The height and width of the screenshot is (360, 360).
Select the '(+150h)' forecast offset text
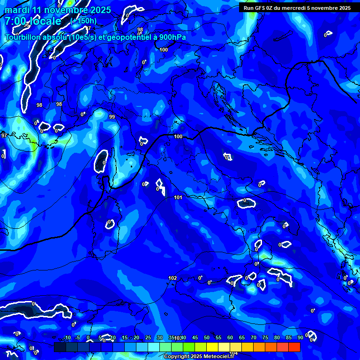pyautogui.click(x=83, y=21)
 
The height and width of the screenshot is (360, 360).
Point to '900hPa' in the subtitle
pyautogui.click(x=170, y=37)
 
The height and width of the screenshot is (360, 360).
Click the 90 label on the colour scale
pyautogui.click(x=300, y=338)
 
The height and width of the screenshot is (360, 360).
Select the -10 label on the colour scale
pyautogui.click(x=66, y=338)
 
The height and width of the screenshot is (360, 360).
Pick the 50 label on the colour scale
pyautogui.click(x=207, y=338)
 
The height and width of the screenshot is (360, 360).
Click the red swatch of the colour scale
pyautogui.click(x=294, y=347)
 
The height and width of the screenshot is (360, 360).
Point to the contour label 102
pyautogui.click(x=172, y=278)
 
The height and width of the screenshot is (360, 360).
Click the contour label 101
pyautogui.click(x=178, y=197)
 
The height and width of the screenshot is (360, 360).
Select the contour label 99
pyautogui.click(x=112, y=117)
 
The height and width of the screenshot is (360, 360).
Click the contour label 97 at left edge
pyautogui.click(x=4, y=135)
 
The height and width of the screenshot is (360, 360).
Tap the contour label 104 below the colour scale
pyautogui.click(x=233, y=353)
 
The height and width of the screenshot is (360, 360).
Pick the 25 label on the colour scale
pyautogui.click(x=148, y=338)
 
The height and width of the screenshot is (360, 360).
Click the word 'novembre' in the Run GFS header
pyautogui.click(x=322, y=7)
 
